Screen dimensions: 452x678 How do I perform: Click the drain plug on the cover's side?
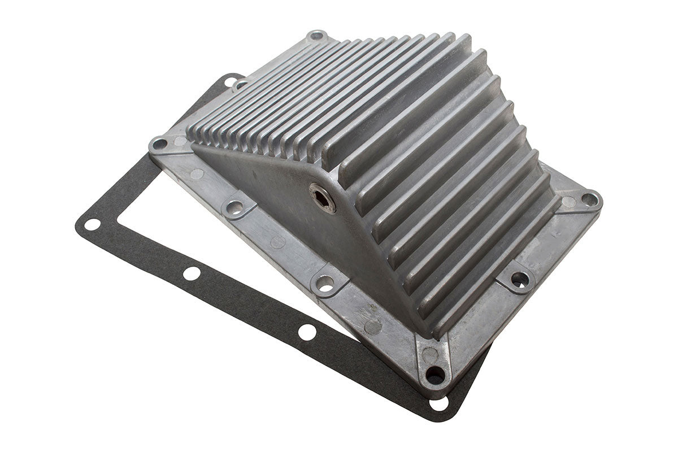click(x=323, y=198)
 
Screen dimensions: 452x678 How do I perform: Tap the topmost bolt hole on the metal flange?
click(x=316, y=36)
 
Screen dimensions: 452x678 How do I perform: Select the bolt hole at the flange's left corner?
click(x=160, y=144)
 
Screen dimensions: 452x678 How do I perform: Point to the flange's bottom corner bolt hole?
click(x=434, y=375)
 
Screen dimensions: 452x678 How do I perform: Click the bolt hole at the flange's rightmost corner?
click(x=588, y=199)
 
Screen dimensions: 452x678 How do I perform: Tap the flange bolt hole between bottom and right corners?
click(x=519, y=279)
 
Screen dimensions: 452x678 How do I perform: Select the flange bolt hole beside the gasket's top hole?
click(x=241, y=85)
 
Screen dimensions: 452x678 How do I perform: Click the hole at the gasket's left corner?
click(x=92, y=224)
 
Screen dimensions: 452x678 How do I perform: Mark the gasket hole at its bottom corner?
click(x=439, y=404)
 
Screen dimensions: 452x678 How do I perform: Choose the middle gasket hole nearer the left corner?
click(x=192, y=273)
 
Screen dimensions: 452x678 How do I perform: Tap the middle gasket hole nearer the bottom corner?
click(x=307, y=332)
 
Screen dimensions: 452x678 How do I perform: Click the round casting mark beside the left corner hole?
click(x=180, y=141)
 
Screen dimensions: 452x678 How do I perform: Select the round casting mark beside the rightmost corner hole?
click(x=568, y=202)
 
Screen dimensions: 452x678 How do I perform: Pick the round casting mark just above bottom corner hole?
click(x=430, y=355)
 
